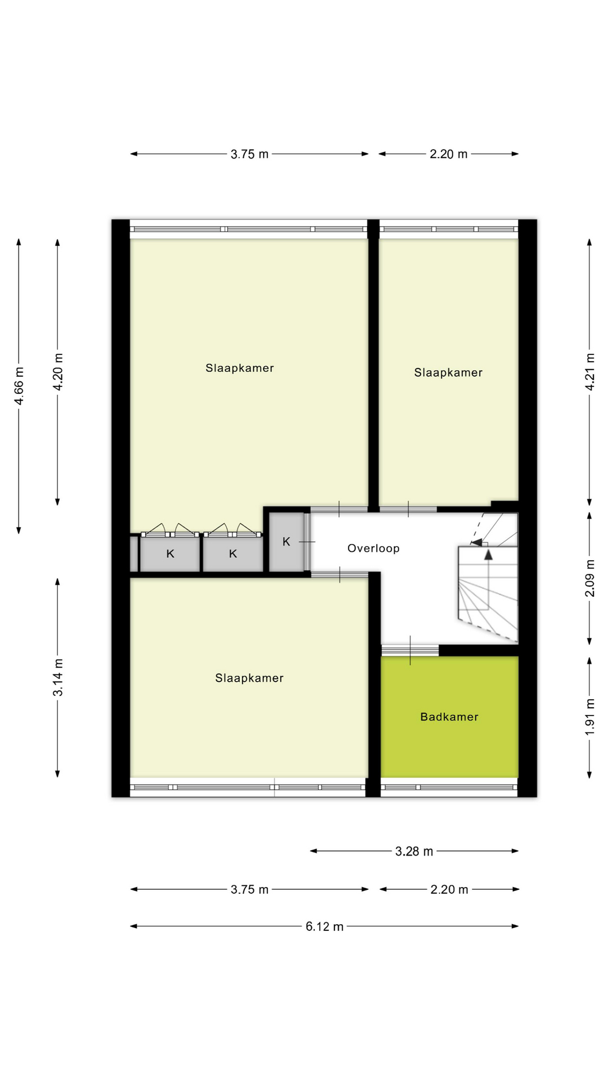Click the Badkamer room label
pyautogui.click(x=449, y=717)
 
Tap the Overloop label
pyautogui.click(x=373, y=548)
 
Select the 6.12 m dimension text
pyautogui.click(x=324, y=926)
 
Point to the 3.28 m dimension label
pyautogui.click(x=414, y=851)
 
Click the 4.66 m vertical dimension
pyautogui.click(x=19, y=385)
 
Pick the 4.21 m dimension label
pyautogui.click(x=589, y=372)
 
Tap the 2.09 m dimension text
pyautogui.click(x=589, y=578)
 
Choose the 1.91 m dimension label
pyautogui.click(x=589, y=717)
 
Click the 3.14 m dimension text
pyautogui.click(x=58, y=677)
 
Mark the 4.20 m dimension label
pyautogui.click(x=58, y=372)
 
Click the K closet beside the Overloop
pyautogui.click(x=287, y=542)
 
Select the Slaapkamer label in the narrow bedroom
pyautogui.click(x=448, y=372)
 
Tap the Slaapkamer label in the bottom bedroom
pyautogui.click(x=249, y=678)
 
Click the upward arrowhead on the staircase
pyautogui.click(x=488, y=555)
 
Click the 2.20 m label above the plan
pyautogui.click(x=449, y=154)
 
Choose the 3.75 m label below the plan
pyautogui.click(x=249, y=889)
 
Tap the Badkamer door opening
pyautogui.click(x=410, y=650)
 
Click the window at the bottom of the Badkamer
pyautogui.click(x=449, y=787)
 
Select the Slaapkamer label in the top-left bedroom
pyautogui.click(x=240, y=368)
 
